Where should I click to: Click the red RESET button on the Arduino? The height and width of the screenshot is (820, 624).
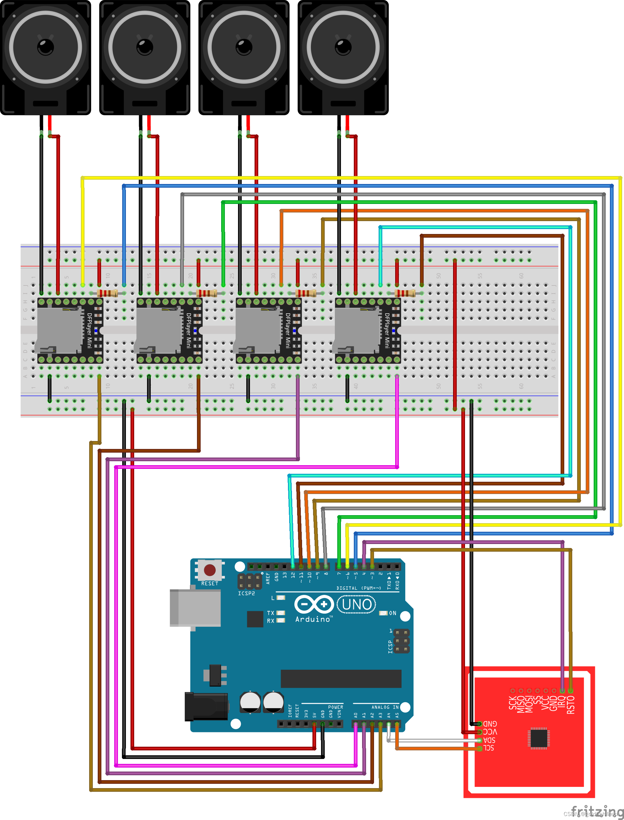[x=210, y=570]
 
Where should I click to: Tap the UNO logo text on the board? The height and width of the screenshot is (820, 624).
[x=356, y=604]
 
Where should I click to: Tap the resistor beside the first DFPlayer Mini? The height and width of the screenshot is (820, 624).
[x=107, y=293]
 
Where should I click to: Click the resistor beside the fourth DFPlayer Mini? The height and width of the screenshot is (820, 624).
[x=405, y=293]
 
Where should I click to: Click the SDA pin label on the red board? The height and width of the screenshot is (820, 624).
[x=489, y=740]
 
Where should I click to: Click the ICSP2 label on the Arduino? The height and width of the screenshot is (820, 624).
[x=246, y=594]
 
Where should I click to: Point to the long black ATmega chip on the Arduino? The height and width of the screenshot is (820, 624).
[x=341, y=679]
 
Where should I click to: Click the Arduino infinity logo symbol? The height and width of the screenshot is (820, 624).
[x=314, y=604]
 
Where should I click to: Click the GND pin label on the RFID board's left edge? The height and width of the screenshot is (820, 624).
[x=490, y=723]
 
